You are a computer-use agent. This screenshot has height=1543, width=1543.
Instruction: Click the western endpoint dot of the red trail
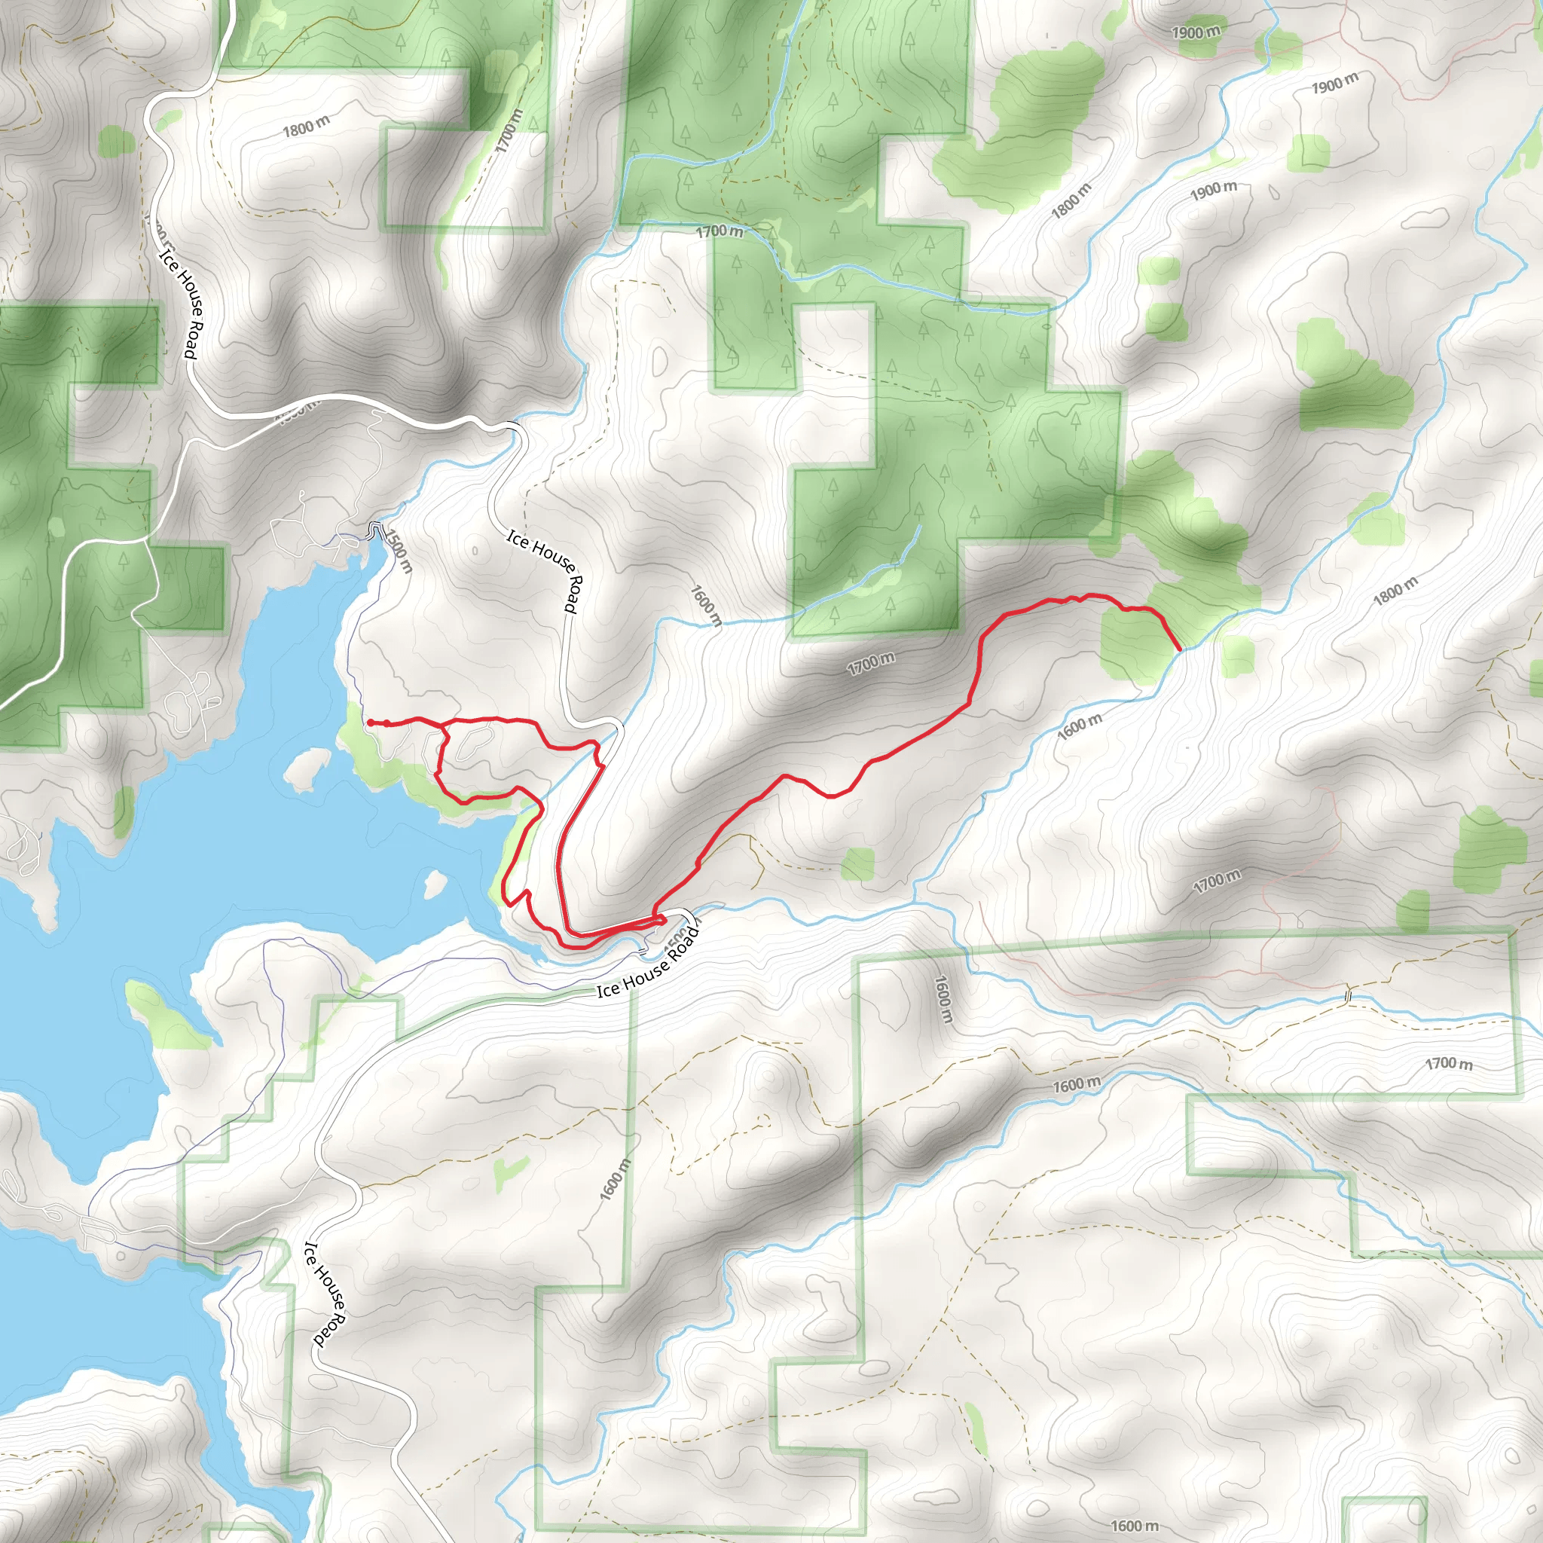coord(370,723)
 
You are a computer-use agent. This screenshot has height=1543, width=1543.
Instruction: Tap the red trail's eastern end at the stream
coord(1180,649)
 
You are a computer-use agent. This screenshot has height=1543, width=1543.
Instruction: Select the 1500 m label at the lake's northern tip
coord(399,550)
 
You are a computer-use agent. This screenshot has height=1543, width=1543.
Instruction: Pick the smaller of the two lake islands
coord(435,882)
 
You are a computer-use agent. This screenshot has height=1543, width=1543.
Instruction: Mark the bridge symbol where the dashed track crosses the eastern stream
coord(1349,995)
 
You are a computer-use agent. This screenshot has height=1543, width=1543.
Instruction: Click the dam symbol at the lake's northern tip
coord(375,529)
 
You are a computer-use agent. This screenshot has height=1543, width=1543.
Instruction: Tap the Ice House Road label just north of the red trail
coord(542,570)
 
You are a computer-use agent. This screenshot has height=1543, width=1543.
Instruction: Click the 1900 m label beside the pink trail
coord(1196,32)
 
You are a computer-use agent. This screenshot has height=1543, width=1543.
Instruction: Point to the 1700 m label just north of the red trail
coord(870,662)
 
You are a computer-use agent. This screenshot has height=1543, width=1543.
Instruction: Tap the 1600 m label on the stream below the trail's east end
coord(1079,726)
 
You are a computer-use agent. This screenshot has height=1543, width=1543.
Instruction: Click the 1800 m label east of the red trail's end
coord(1395,590)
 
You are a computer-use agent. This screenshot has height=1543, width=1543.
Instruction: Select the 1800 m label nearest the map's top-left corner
coord(305,126)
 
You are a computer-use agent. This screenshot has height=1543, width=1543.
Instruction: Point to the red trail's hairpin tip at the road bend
coord(663,920)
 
